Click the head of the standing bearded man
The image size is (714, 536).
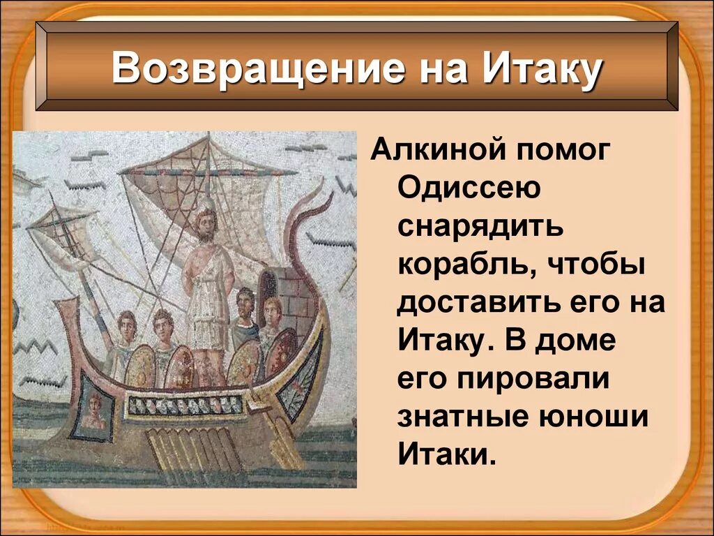tap(205, 222)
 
